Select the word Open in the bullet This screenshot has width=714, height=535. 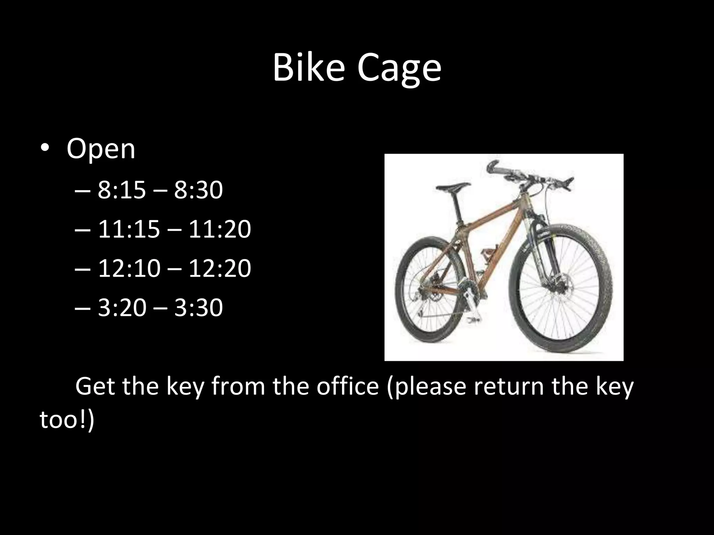pos(101,149)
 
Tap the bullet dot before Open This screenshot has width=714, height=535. pos(45,149)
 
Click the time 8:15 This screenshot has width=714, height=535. pos(121,190)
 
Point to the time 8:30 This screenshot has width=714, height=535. pos(198,190)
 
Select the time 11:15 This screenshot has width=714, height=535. pos(129,230)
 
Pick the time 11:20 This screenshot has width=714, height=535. pos(220,230)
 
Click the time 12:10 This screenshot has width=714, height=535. pos(129,269)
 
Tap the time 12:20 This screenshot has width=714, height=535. pos(220,269)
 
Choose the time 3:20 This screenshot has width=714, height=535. pos(122,308)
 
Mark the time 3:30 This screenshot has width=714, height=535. pos(198,308)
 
